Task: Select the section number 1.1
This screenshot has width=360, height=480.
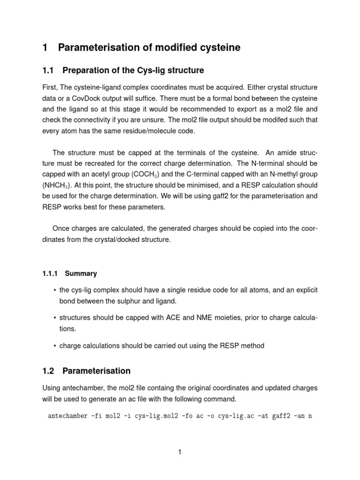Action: (x=49, y=70)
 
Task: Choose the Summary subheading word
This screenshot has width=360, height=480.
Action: (x=81, y=273)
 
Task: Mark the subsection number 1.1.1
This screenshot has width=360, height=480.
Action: (x=50, y=273)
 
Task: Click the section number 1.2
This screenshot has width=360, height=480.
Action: (x=49, y=371)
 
